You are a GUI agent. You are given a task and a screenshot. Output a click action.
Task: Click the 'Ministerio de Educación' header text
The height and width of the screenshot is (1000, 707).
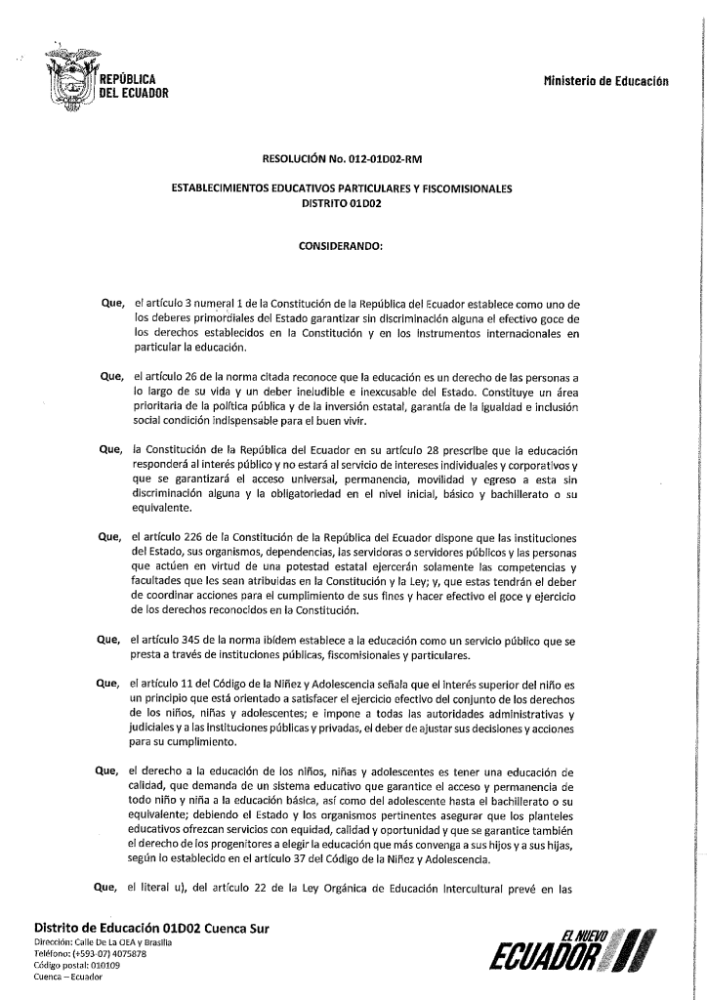pyautogui.click(x=605, y=81)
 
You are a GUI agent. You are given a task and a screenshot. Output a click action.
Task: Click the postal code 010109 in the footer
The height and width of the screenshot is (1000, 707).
pyautogui.click(x=102, y=965)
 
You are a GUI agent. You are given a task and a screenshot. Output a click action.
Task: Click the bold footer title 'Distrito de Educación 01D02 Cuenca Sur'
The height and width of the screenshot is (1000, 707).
pyautogui.click(x=151, y=926)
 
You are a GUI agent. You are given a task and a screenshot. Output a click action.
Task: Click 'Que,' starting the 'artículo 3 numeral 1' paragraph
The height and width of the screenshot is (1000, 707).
pyautogui.click(x=112, y=305)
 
